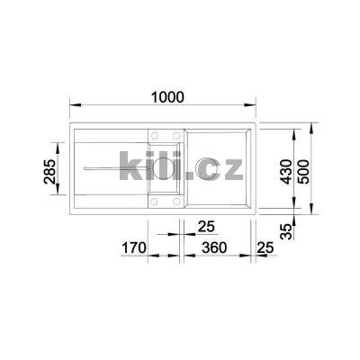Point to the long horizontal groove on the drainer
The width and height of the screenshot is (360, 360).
[108, 168]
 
